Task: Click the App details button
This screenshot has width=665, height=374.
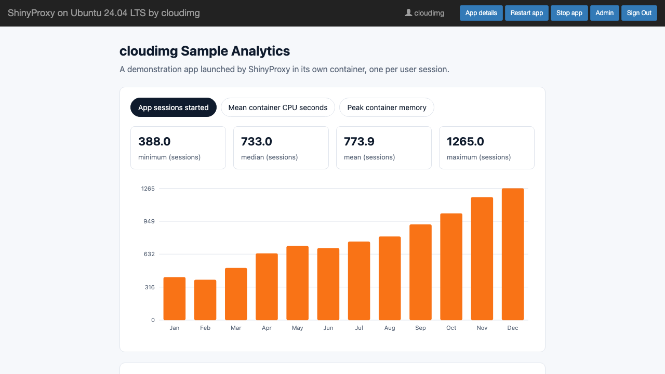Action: (481, 13)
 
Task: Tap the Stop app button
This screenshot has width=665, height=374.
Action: (569, 13)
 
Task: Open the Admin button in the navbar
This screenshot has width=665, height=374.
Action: (604, 13)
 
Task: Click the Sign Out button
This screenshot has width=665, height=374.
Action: (639, 13)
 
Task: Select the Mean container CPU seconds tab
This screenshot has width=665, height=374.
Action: (278, 108)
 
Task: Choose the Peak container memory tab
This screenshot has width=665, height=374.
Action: (387, 108)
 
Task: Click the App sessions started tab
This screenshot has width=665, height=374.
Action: (174, 108)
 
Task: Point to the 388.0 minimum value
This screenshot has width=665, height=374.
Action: (154, 142)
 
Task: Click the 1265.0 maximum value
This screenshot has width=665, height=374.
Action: (465, 142)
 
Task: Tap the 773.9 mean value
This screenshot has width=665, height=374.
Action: (359, 142)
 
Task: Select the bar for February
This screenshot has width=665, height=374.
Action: (205, 300)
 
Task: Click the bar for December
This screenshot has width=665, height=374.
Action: (513, 254)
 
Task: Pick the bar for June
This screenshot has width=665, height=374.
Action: (328, 284)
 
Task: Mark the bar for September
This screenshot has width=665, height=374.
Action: (420, 272)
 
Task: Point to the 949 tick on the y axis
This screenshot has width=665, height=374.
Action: (149, 221)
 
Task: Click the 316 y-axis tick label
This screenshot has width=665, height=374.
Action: (150, 287)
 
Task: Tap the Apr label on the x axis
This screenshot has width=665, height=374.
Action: (267, 328)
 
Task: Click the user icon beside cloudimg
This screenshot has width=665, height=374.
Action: (408, 13)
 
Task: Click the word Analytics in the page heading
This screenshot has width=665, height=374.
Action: (260, 51)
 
